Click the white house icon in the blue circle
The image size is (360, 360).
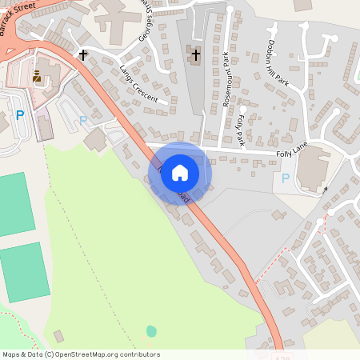(x=180, y=172)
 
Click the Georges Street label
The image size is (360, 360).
(x=145, y=26)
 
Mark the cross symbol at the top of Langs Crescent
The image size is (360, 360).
(x=83, y=54)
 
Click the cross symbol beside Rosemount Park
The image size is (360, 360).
(x=196, y=54)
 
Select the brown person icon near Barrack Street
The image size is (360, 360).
(x=37, y=78)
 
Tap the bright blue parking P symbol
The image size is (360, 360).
(x=20, y=115)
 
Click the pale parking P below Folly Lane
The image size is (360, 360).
(x=286, y=179)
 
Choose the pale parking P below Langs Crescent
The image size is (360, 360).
(x=82, y=121)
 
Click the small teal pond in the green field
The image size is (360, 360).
(x=151, y=330)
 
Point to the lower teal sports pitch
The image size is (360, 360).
(x=23, y=272)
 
